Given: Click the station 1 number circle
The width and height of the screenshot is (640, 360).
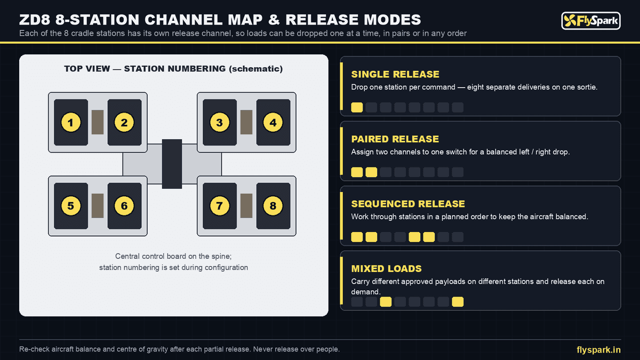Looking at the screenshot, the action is (x=71, y=122).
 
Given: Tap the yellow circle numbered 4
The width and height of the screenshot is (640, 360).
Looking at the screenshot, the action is (x=273, y=122).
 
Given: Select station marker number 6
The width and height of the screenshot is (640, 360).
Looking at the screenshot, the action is (x=124, y=206).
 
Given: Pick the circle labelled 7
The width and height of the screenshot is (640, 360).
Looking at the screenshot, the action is (x=219, y=206).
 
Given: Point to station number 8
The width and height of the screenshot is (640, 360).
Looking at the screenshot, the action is (x=273, y=206).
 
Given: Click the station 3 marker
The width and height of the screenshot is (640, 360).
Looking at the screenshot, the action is (x=219, y=122).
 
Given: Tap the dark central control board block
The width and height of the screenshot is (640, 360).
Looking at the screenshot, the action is (x=172, y=164).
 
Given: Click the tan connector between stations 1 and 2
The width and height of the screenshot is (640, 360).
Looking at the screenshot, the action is (x=98, y=122).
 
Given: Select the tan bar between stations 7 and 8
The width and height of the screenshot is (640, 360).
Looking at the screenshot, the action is (x=246, y=206).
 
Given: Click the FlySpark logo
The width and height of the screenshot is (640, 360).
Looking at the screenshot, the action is (x=591, y=21).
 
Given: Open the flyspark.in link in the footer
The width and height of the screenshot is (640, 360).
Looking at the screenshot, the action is (x=598, y=350).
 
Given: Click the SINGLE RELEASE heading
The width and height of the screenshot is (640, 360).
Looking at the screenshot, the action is (x=395, y=74).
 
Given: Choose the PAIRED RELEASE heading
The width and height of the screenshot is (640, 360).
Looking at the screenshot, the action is (x=395, y=139).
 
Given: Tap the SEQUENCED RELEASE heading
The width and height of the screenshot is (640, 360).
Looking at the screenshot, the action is (x=408, y=204).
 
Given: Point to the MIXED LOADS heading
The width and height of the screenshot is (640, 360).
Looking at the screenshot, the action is (x=386, y=269).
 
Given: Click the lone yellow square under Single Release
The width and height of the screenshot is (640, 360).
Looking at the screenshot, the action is (x=357, y=107).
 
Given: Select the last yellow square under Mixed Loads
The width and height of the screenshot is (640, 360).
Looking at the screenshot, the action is (x=458, y=302).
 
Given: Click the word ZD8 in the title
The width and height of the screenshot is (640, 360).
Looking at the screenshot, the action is (x=35, y=20).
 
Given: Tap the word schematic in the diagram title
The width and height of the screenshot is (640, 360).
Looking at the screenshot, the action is (x=255, y=69).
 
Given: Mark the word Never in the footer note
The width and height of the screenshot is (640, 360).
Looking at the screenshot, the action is (x=263, y=349).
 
